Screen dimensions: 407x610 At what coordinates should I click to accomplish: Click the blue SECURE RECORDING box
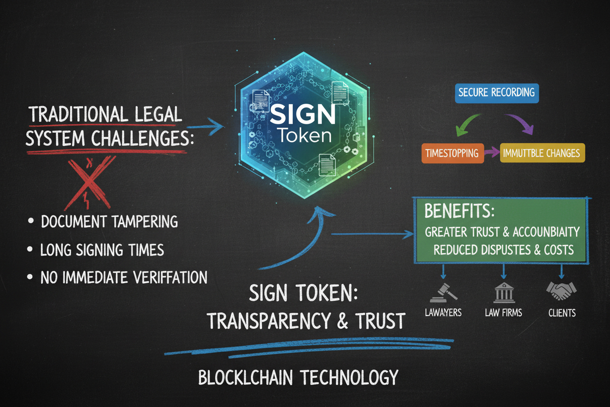click(497, 92)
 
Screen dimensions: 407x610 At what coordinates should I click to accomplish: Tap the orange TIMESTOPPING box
click(452, 153)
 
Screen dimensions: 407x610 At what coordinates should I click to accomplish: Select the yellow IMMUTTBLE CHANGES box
click(542, 153)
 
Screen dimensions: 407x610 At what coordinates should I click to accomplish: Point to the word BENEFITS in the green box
click(460, 212)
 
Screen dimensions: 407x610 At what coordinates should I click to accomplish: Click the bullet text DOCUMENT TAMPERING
click(109, 222)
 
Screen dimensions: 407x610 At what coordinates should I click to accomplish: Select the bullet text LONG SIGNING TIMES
click(102, 250)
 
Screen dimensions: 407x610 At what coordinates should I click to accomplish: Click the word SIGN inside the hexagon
click(303, 116)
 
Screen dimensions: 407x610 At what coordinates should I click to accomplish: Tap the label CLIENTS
click(562, 313)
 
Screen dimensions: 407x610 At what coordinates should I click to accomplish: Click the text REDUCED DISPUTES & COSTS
click(503, 249)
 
